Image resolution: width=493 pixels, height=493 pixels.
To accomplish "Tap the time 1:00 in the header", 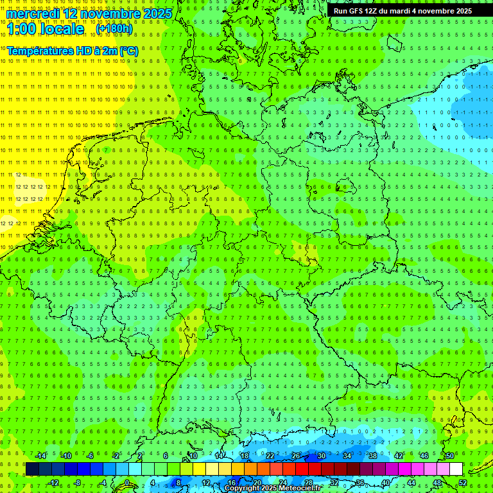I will click(21, 29).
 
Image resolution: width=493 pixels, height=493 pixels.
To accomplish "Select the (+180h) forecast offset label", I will click(114, 29).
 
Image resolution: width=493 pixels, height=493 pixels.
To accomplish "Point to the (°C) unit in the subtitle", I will click(128, 51).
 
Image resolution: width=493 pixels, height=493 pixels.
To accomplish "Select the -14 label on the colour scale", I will click(41, 456).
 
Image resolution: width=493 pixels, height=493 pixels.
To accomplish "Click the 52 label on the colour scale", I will click(463, 483).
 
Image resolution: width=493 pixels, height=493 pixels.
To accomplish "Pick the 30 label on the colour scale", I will click(321, 456).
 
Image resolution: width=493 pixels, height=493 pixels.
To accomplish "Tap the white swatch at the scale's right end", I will click(456, 469).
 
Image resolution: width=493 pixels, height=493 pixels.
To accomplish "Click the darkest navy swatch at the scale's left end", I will click(32, 469).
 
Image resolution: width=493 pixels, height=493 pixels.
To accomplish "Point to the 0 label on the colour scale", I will click(126, 483).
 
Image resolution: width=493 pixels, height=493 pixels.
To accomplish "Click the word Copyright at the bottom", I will click(243, 489).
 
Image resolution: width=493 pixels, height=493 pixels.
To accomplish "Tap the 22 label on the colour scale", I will click(270, 456).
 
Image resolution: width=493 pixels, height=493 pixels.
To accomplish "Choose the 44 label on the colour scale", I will click(411, 483).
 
